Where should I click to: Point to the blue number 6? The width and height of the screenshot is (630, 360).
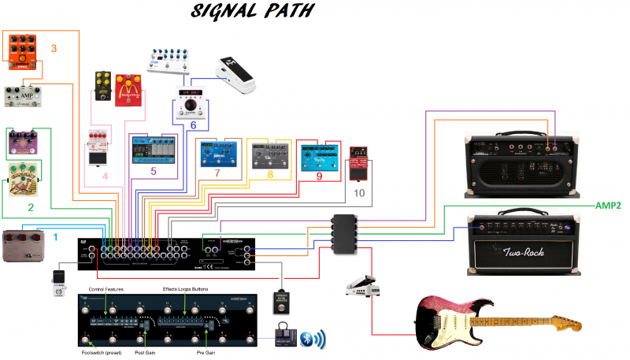193,123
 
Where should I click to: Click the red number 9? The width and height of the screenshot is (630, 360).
319,176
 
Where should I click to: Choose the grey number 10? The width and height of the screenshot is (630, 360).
359,192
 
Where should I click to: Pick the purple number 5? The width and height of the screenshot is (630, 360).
154,169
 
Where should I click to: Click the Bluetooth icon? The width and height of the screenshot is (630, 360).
315,340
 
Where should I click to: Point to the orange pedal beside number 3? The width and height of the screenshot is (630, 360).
23,51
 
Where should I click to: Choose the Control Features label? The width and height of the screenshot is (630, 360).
107,290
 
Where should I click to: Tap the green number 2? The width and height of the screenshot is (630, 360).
31,208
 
